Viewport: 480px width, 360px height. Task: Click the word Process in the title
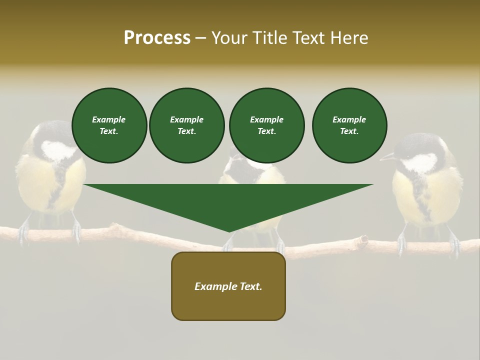[x=157, y=38]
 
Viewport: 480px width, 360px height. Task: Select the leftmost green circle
[x=109, y=125]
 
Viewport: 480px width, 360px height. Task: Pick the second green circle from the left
[x=186, y=125]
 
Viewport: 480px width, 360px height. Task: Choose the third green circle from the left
[x=266, y=125]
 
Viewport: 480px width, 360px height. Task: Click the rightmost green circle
[x=349, y=125]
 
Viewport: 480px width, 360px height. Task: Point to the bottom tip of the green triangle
[x=229, y=231]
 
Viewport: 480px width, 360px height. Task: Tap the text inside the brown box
[x=228, y=286]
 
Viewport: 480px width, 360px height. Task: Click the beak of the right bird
[x=386, y=158]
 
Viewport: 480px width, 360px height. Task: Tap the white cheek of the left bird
[x=56, y=150]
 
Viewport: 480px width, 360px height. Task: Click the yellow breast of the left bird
[x=37, y=185]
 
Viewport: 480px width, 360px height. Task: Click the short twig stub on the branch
[x=361, y=241]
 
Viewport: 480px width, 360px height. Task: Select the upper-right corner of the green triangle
[x=372, y=185]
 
